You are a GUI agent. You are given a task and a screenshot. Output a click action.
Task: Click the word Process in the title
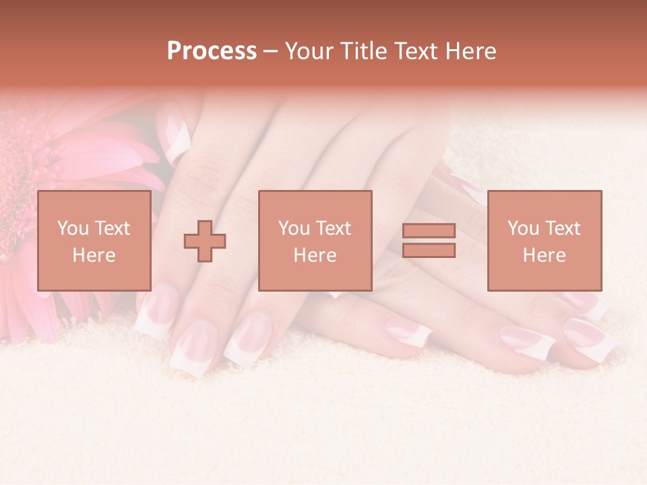[212, 51]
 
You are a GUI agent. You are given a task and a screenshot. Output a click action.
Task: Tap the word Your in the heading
[309, 51]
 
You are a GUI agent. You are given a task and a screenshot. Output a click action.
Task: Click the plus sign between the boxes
[205, 240]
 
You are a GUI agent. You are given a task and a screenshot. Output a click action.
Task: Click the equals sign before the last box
[429, 240]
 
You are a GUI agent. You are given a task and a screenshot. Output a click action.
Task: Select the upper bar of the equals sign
[429, 231]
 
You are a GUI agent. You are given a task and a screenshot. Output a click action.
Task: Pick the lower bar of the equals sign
[429, 251]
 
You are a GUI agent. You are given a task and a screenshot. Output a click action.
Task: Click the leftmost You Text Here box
[94, 240]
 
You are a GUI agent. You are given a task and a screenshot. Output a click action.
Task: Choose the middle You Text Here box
[315, 240]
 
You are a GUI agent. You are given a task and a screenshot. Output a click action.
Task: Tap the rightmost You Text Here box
[545, 240]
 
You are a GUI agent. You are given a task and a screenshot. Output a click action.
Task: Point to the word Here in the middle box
[315, 255]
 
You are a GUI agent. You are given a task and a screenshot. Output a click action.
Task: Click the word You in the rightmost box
[523, 228]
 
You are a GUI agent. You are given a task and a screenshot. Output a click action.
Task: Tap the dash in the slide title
[271, 51]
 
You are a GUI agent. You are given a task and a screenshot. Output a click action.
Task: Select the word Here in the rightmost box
[545, 255]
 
